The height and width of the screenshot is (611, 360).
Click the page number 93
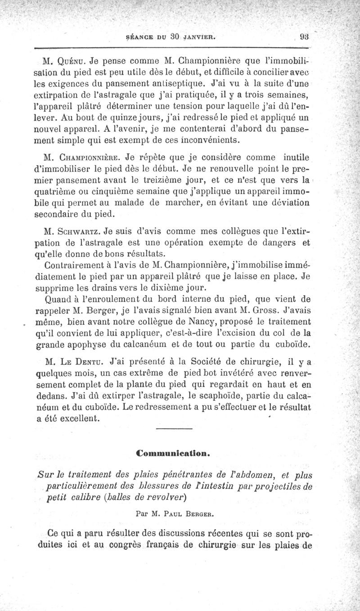[x=302, y=37]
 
